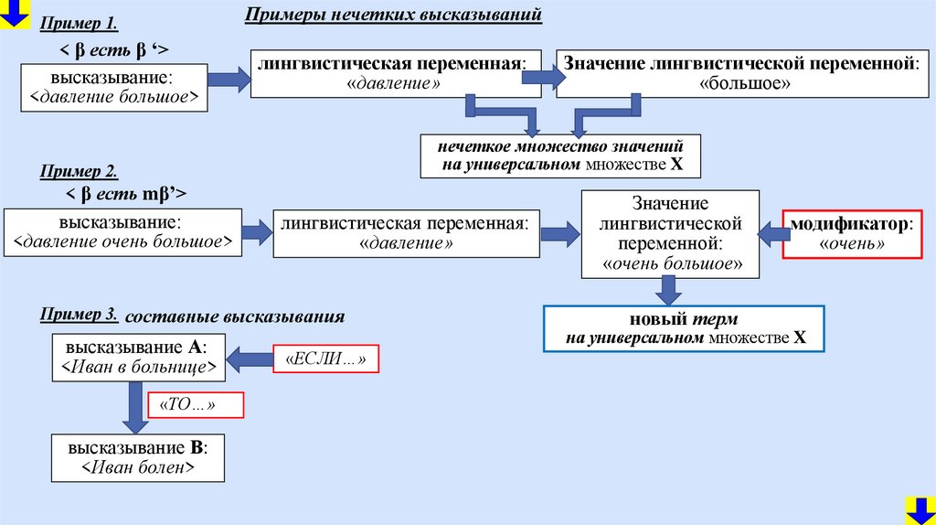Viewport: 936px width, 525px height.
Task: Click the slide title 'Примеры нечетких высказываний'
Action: click(x=393, y=16)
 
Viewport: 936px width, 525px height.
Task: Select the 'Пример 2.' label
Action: click(x=79, y=171)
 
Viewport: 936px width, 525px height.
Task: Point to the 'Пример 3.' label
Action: click(x=79, y=315)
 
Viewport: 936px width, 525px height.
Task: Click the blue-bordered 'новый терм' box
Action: click(x=684, y=329)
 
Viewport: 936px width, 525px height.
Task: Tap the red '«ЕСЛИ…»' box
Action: click(x=325, y=360)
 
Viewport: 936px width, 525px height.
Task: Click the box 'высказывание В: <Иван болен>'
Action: click(x=137, y=458)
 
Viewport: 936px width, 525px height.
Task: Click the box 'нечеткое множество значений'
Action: click(x=560, y=155)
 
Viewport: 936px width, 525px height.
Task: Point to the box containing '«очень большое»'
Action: click(x=671, y=233)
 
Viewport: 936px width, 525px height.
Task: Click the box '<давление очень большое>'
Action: click(x=123, y=233)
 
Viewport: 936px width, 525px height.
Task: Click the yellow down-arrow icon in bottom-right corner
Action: click(x=920, y=509)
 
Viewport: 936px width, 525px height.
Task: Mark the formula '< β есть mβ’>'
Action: click(x=126, y=194)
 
